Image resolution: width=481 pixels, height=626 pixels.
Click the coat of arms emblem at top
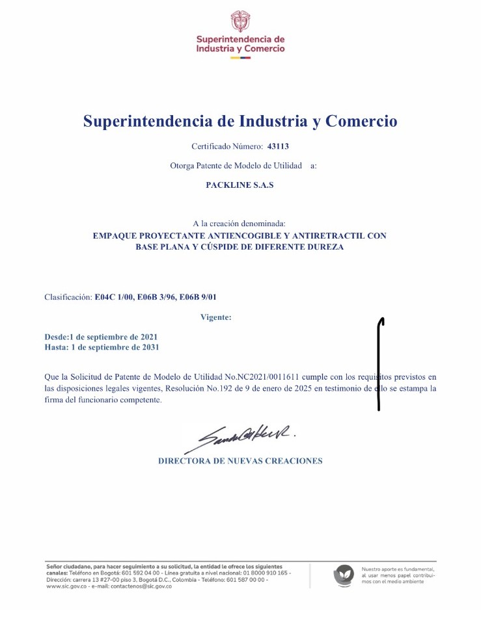pos(240,21)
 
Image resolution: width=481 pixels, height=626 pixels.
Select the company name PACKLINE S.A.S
pos(240,185)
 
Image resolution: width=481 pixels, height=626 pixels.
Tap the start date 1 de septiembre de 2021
pos(113,337)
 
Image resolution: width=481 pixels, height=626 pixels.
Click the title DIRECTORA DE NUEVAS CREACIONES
pos(240,461)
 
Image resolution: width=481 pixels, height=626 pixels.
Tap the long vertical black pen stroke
pos(379,364)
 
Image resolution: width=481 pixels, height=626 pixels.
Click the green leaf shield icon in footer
pos(343,575)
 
